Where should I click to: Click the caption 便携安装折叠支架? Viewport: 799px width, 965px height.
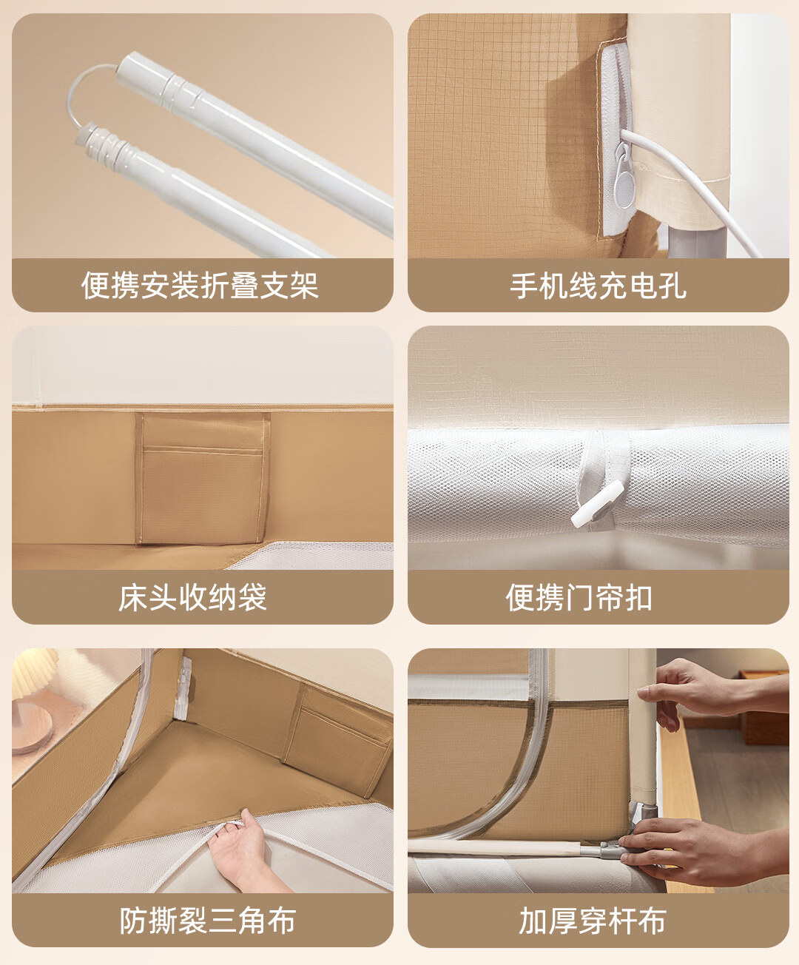point(200,286)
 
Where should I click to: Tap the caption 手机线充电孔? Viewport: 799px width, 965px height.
point(598,286)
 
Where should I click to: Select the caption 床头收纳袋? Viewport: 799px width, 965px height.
point(192,598)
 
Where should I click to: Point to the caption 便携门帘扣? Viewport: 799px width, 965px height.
point(579,598)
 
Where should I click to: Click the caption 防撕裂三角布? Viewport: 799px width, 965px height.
point(207,921)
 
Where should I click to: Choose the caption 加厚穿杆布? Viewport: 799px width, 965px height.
point(593,921)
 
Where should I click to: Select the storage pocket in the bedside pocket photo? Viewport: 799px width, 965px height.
point(201,478)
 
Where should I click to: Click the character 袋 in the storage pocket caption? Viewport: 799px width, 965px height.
point(252,598)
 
